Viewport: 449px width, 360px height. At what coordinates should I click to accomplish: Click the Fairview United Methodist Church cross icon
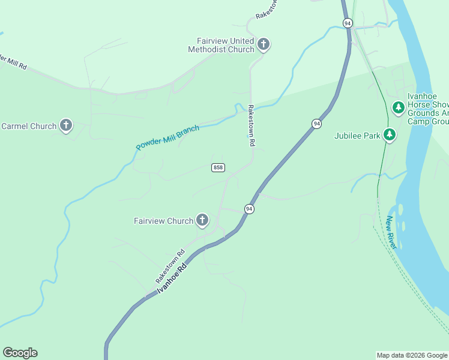[x=264, y=44]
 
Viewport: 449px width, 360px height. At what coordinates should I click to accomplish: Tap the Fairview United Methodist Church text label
[x=221, y=45]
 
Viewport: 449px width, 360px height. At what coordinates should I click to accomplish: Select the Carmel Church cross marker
[x=66, y=126]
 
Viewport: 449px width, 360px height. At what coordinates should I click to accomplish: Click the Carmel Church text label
[x=28, y=126]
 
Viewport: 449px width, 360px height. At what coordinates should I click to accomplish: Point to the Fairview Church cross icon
[x=202, y=221]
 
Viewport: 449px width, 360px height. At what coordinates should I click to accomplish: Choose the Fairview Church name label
[x=163, y=221]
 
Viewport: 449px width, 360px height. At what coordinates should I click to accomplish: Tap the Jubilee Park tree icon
[x=390, y=136]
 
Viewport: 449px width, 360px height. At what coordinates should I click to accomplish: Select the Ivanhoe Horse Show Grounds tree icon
[x=398, y=108]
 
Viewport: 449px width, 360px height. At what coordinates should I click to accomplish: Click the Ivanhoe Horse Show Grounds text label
[x=428, y=109]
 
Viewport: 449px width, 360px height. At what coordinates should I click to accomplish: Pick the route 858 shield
[x=218, y=167]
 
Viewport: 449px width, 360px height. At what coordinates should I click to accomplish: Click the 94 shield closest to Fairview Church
[x=249, y=208]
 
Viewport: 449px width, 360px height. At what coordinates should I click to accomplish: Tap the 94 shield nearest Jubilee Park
[x=316, y=124]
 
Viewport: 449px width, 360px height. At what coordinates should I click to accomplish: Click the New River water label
[x=392, y=233]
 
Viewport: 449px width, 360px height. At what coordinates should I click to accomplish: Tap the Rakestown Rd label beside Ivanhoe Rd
[x=170, y=266]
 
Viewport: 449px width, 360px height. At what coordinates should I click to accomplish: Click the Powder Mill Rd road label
[x=13, y=62]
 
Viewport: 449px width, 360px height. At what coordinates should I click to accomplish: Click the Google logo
[x=20, y=352]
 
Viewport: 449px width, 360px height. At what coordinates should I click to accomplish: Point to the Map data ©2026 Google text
[x=412, y=355]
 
